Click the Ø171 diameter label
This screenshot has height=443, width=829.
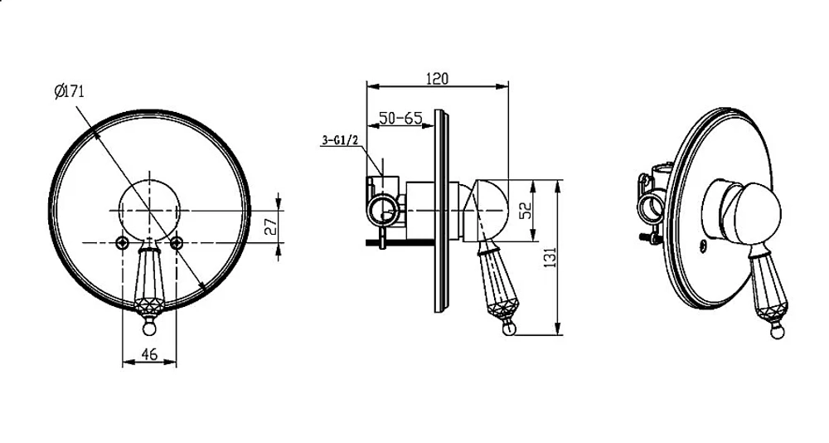tap(70, 91)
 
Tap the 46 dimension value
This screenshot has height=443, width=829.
tap(149, 353)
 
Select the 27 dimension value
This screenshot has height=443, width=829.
tap(271, 226)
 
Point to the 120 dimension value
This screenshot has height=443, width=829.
tap(437, 78)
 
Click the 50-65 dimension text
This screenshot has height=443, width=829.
tap(400, 118)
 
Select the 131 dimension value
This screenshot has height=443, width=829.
tap(551, 257)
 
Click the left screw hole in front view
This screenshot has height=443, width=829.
tap(123, 243)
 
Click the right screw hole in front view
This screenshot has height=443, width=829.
tap(177, 243)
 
